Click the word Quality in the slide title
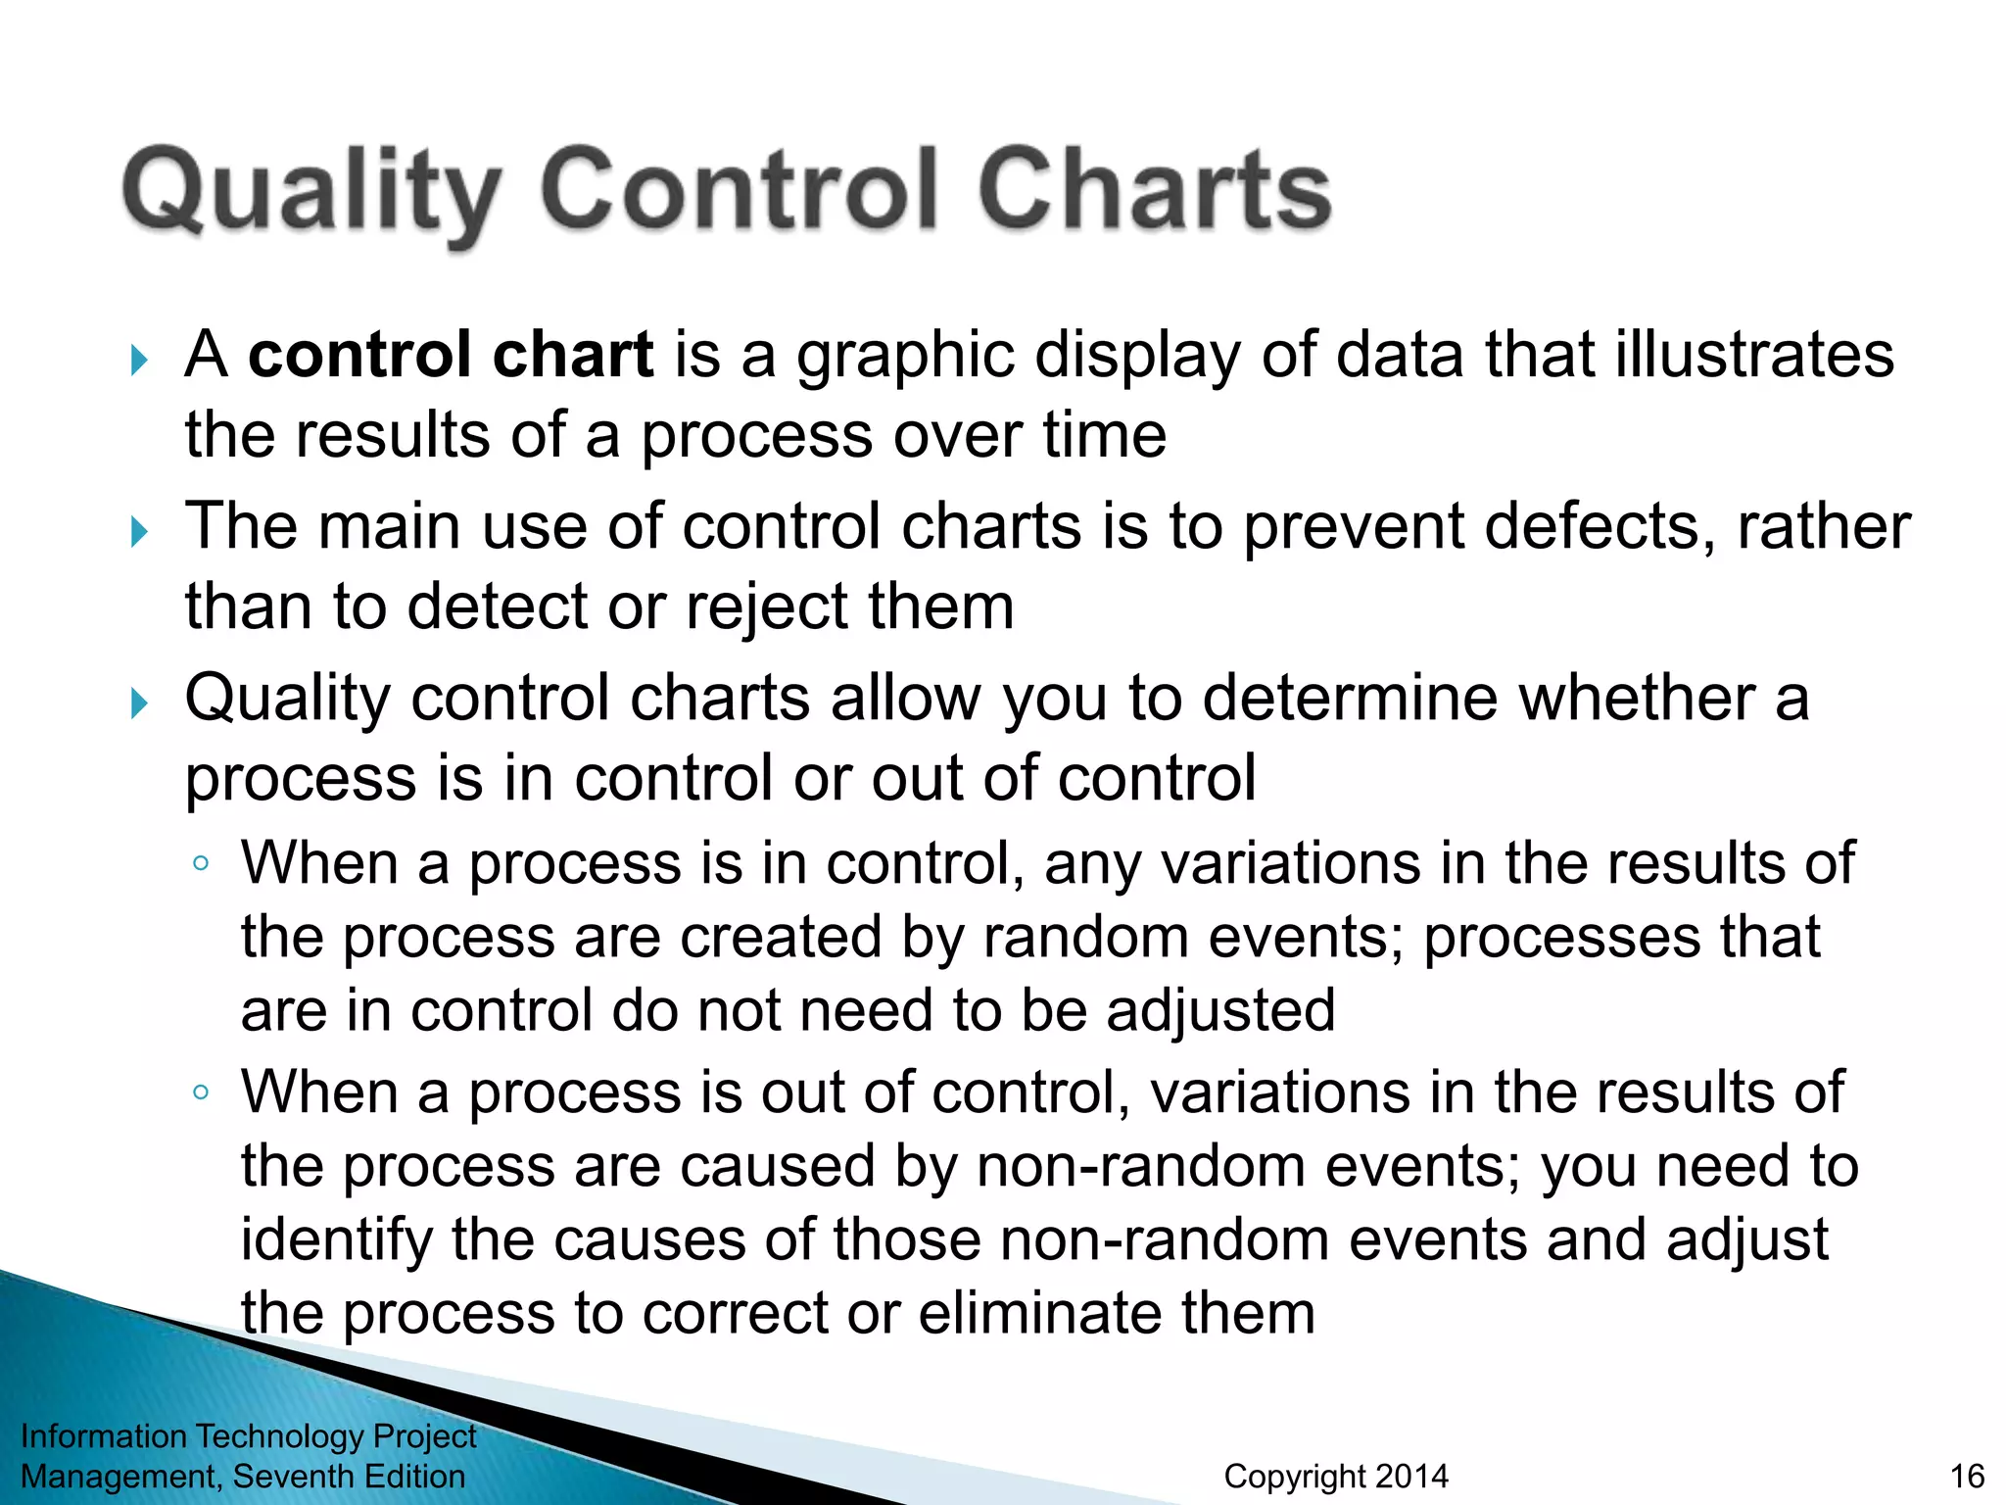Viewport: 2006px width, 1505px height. (x=311, y=191)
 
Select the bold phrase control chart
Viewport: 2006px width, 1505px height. (x=451, y=355)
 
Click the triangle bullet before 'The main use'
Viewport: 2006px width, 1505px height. (x=139, y=533)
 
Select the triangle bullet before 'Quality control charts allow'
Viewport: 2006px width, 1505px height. (x=139, y=704)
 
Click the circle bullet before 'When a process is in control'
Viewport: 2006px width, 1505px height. (x=201, y=864)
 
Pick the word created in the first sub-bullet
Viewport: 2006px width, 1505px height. (x=781, y=938)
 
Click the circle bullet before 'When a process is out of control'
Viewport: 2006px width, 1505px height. (x=201, y=1092)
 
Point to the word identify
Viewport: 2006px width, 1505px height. (x=336, y=1240)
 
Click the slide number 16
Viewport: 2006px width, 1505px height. (x=1967, y=1477)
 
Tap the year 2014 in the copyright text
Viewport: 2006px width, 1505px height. (x=1410, y=1477)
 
